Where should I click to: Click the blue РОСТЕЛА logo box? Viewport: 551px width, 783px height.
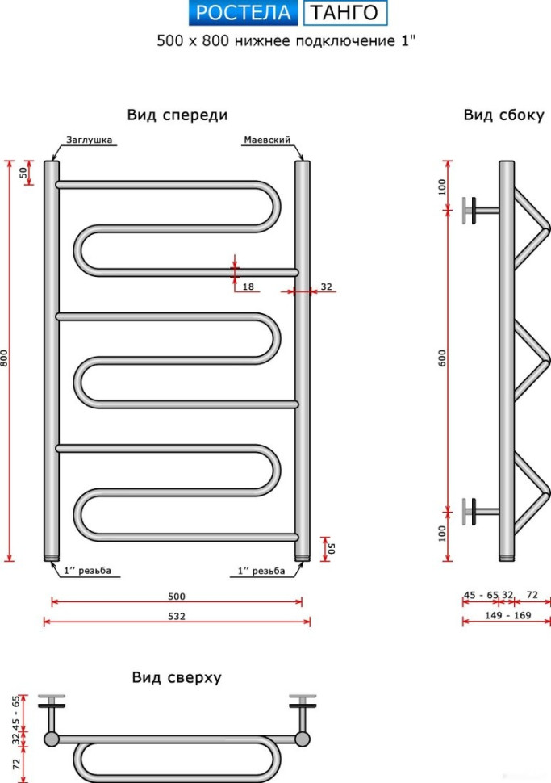(243, 12)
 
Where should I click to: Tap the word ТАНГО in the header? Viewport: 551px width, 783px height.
(344, 12)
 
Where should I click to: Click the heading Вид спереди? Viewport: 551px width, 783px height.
(177, 115)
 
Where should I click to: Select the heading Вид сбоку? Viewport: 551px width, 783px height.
(503, 115)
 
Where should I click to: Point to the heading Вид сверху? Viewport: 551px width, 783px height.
(177, 677)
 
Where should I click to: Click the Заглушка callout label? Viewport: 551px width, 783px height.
(90, 140)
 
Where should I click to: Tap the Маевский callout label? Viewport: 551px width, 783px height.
(267, 140)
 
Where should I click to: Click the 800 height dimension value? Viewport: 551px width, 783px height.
(5, 358)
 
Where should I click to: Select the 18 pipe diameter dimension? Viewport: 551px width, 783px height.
(248, 287)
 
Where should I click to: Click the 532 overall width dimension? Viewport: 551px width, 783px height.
(177, 616)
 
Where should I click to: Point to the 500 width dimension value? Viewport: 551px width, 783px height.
(177, 597)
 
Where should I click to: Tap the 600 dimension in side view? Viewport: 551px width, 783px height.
(442, 358)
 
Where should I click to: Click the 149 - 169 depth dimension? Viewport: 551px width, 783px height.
(508, 615)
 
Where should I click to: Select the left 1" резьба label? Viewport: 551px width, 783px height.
(87, 570)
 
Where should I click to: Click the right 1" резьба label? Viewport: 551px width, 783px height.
(261, 570)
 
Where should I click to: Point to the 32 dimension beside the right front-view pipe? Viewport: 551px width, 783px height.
(326, 287)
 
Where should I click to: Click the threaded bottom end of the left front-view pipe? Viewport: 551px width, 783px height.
(52, 557)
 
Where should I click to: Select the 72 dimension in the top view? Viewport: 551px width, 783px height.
(17, 764)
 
